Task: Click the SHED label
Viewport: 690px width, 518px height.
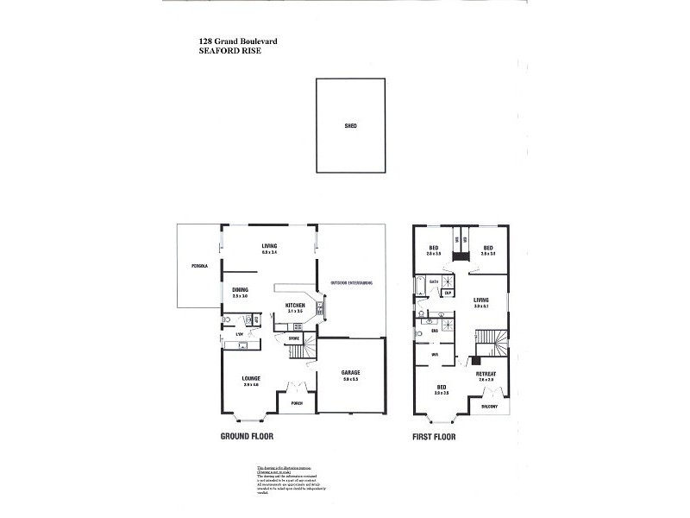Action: click(x=350, y=126)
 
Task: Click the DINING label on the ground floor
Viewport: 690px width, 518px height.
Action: click(x=240, y=290)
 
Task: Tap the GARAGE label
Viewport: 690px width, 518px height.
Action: click(x=349, y=372)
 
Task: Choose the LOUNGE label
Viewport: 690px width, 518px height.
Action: click(x=251, y=378)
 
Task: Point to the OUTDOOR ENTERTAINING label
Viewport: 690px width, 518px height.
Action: click(x=351, y=282)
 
